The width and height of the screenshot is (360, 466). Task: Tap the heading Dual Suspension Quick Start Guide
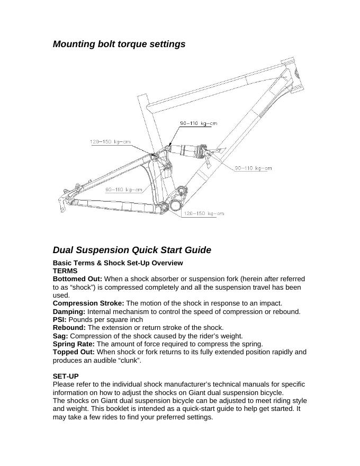[x=132, y=250]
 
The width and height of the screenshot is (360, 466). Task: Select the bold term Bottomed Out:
[x=77, y=279]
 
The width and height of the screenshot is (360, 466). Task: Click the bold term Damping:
[x=69, y=311]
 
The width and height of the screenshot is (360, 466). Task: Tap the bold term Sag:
[x=60, y=336]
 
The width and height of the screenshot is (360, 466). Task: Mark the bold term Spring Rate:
[x=74, y=344]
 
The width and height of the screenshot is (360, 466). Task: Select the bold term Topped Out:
[x=74, y=352]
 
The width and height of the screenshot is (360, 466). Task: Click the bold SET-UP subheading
[x=66, y=376]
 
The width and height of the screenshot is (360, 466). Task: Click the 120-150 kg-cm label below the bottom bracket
[x=203, y=214]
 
